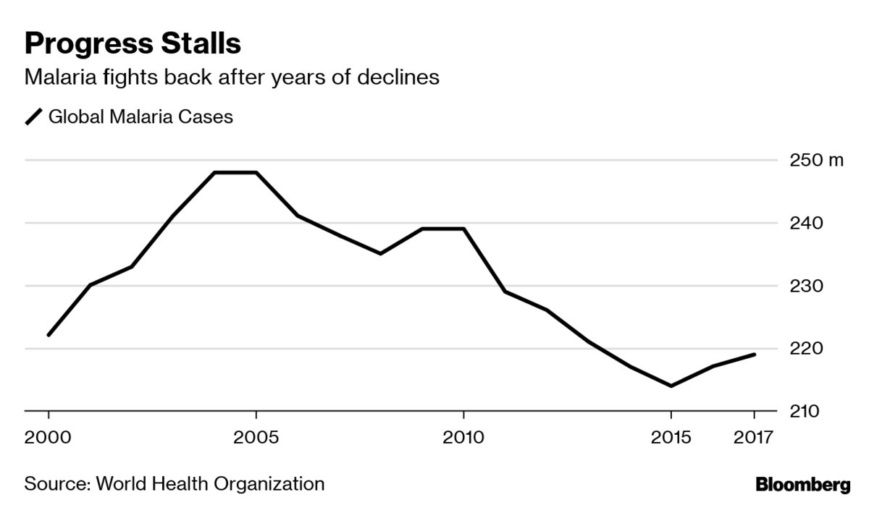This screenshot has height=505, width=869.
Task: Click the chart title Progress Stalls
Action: coord(133,43)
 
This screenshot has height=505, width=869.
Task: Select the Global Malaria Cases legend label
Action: coord(140,116)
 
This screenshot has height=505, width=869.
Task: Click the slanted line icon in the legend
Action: coord(34,116)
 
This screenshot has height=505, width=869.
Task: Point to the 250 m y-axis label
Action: coord(813,160)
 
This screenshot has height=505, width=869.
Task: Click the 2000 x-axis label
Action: coord(49,438)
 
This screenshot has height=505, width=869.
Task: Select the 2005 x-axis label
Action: coord(256,438)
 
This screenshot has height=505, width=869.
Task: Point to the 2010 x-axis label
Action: coord(463,438)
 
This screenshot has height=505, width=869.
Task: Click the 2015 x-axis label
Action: coord(671,438)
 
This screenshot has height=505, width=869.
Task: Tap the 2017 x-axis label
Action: coord(754,438)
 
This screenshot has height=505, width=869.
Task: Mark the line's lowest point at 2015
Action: coord(671,386)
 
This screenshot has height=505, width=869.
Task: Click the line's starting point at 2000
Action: coord(49,335)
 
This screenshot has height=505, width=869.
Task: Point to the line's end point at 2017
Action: coord(754,355)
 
